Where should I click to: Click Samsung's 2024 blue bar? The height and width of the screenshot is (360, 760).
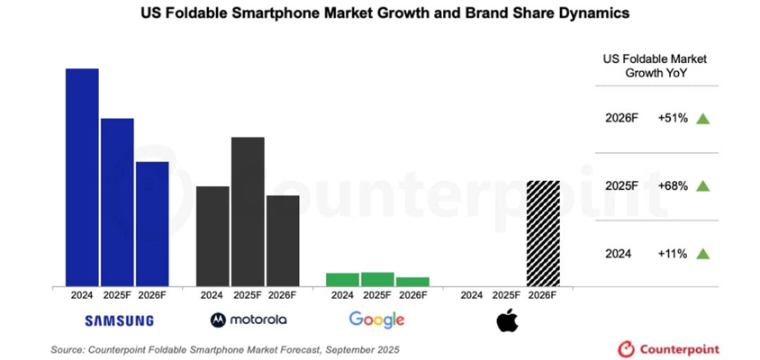point(82,177)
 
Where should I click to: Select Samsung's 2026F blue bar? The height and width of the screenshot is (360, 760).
point(152,224)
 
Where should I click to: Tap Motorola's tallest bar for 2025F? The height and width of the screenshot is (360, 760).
point(248,211)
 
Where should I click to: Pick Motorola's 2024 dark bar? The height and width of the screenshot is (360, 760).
point(213,236)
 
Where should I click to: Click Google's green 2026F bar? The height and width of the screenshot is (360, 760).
point(412,282)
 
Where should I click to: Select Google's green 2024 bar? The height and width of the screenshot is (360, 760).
point(342,279)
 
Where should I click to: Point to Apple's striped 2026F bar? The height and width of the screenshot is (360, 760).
point(543,233)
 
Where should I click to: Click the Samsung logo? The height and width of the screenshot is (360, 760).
point(119,320)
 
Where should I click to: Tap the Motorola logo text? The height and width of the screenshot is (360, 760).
point(257,319)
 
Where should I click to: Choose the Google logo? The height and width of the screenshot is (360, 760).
point(376,319)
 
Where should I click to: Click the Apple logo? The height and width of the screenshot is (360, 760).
point(507,319)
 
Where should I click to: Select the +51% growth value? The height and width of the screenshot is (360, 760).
point(673,118)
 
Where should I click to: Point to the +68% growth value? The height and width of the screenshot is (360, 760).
point(673,185)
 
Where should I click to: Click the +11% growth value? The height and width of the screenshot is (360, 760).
point(673,254)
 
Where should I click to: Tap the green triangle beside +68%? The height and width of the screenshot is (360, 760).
point(703,185)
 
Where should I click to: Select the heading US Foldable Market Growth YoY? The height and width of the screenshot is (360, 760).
point(656,66)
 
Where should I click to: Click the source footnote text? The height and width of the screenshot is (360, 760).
point(224,348)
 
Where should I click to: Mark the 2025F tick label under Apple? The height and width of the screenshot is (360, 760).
point(508,294)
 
